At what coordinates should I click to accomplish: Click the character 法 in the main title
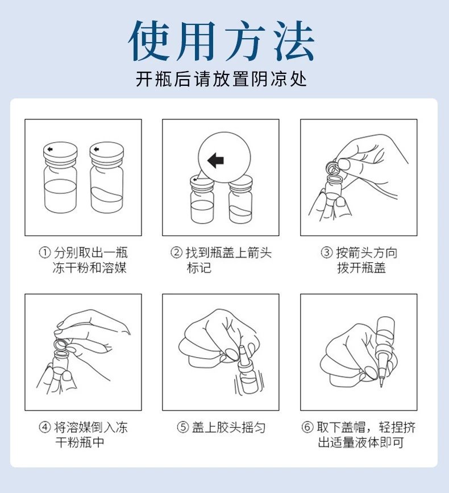[x=293, y=41]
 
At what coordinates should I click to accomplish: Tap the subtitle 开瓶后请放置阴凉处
[x=221, y=78]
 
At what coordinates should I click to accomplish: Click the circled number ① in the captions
[x=45, y=252]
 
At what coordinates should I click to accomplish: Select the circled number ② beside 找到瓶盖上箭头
[x=176, y=252]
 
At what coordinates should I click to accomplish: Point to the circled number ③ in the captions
[x=326, y=252]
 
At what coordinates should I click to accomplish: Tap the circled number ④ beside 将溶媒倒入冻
[x=45, y=427]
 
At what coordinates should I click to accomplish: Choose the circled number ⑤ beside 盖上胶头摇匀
[x=182, y=427]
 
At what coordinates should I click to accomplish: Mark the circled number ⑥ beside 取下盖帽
[x=307, y=427]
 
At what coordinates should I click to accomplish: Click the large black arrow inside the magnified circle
[x=216, y=160]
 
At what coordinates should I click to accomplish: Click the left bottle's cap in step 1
[x=60, y=154]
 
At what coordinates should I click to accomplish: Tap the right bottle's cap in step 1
[x=106, y=154]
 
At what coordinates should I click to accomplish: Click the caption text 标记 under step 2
[x=199, y=268]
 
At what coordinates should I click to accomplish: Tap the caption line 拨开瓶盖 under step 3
[x=361, y=268]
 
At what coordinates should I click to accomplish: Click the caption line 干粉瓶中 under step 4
[x=80, y=442]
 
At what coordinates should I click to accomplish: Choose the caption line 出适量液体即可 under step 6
[x=361, y=442]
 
